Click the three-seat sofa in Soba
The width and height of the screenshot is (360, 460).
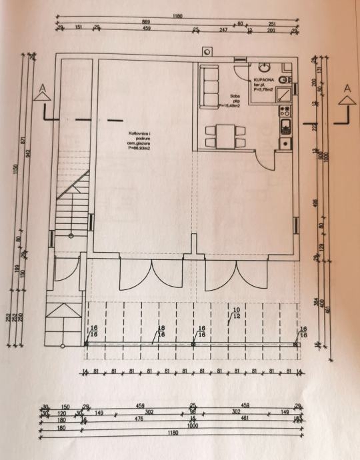pos(209,87)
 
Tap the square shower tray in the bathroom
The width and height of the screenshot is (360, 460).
pos(284,94)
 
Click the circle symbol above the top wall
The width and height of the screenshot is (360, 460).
pos(207,51)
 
